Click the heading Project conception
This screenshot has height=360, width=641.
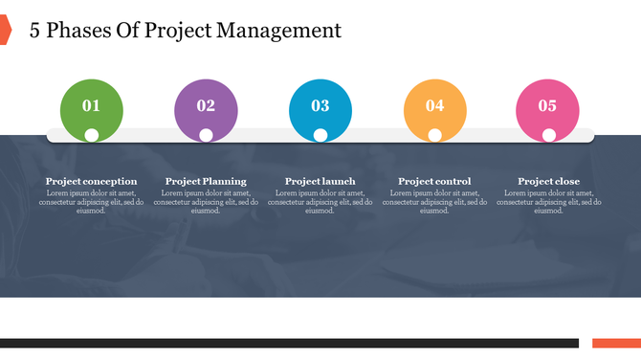click(91, 181)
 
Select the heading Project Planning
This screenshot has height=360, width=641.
click(206, 181)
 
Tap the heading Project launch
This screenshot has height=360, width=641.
click(320, 181)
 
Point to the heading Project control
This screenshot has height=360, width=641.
click(434, 181)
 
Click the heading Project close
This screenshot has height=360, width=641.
click(548, 181)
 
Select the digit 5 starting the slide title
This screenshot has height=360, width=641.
click(35, 31)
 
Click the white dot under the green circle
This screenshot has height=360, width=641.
click(91, 135)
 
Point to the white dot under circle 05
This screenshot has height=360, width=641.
click(549, 135)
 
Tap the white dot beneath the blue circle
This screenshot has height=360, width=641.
click(320, 135)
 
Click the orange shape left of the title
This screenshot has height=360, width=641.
click(4, 30)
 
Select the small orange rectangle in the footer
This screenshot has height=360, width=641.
click(616, 343)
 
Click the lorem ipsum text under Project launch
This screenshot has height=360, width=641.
click(320, 201)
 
